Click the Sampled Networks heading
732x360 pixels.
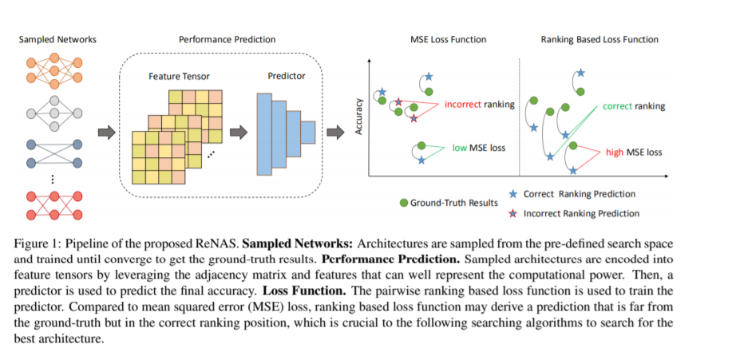pyautogui.click(x=53, y=39)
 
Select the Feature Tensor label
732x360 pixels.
pyautogui.click(x=178, y=77)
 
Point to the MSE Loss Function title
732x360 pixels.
pyautogui.click(x=448, y=39)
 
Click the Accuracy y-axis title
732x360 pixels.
pyautogui.click(x=360, y=115)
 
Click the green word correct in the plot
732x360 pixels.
pyautogui.click(x=617, y=105)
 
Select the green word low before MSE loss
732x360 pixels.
pyautogui.click(x=459, y=148)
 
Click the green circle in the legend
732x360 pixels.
pyautogui.click(x=404, y=203)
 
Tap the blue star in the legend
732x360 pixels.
pyautogui.click(x=513, y=194)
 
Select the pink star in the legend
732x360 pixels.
pyautogui.click(x=513, y=213)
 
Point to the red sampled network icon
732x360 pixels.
pyautogui.click(x=53, y=206)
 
